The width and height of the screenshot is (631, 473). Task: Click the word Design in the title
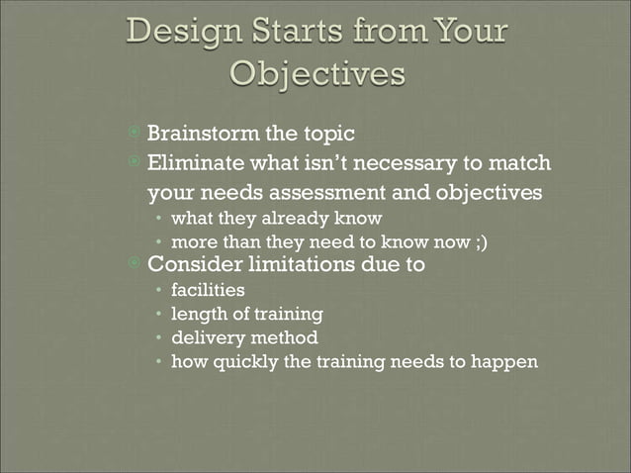[181, 32]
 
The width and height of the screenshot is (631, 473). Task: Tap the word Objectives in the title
[316, 74]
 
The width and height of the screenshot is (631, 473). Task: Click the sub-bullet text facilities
[208, 290]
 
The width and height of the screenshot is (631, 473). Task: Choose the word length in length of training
[196, 314]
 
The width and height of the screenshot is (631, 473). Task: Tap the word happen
[505, 362]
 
